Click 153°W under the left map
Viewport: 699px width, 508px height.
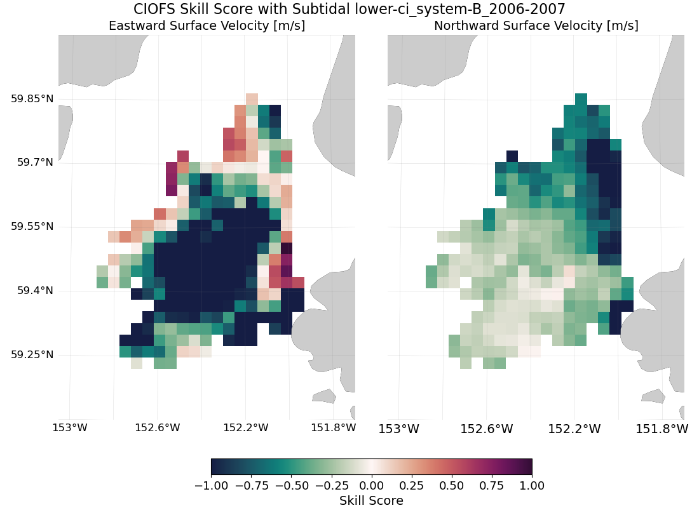coord(69,428)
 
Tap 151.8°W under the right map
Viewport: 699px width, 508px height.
coord(662,429)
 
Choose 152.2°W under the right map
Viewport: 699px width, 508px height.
coord(574,429)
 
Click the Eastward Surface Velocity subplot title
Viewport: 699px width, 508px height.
coord(207,26)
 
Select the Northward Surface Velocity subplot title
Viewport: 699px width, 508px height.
coord(536,26)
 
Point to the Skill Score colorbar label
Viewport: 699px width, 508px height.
coord(371,501)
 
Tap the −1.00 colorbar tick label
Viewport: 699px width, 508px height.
coord(211,486)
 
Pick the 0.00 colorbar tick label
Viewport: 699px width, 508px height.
coord(371,486)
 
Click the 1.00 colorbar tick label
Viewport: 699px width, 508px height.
coord(531,486)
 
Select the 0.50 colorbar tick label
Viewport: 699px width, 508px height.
coord(452,486)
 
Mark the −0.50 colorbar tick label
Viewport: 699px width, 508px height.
coord(291,486)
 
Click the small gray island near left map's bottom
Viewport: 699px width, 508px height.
coord(324,396)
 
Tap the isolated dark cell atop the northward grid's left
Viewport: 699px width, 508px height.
coord(512,156)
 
